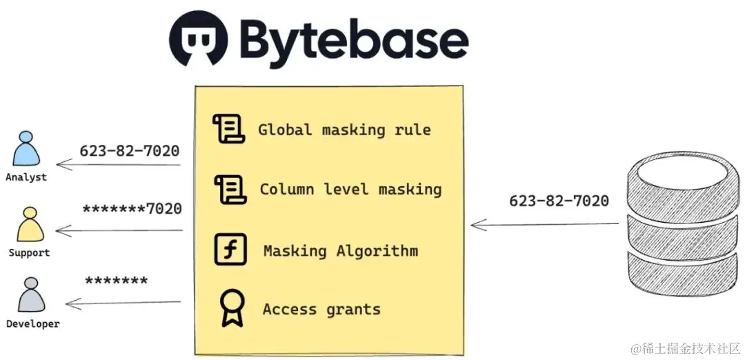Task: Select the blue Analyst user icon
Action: point(27,149)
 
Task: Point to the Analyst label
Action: point(26,177)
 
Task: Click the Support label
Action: point(29,253)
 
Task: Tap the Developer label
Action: point(32,324)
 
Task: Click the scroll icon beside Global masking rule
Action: point(228,129)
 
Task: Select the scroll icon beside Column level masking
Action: point(229,190)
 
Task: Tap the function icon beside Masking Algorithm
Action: point(230,250)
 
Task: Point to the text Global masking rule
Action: point(344,130)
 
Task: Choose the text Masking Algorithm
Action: point(341,250)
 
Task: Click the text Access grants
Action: point(321,309)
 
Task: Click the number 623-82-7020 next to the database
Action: point(559,201)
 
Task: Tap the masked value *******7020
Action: point(132,209)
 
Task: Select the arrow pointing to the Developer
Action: point(123,303)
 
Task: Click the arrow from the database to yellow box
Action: point(545,224)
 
